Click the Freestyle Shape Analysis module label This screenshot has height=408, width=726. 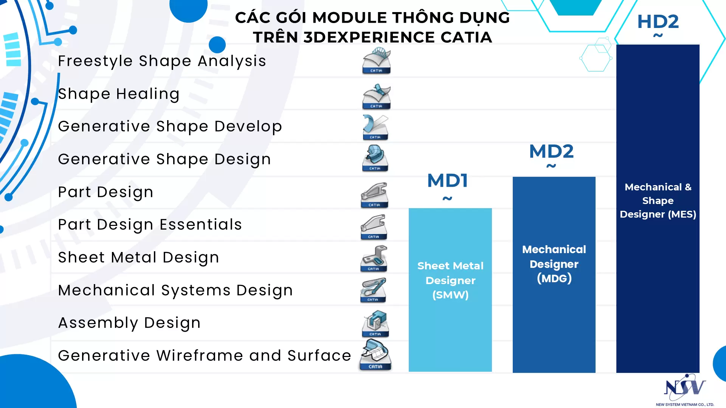click(162, 61)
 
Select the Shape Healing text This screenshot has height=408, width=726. click(119, 94)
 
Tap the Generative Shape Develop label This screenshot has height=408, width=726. click(170, 127)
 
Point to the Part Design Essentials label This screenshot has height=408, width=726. click(150, 225)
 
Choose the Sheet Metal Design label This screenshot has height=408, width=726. click(139, 258)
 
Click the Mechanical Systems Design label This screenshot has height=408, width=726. click(175, 291)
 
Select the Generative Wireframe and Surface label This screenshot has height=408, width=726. click(205, 355)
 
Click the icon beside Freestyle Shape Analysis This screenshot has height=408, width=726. click(376, 61)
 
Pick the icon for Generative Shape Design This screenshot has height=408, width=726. click(375, 158)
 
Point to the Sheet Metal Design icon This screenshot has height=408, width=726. click(374, 259)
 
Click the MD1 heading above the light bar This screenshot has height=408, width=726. click(448, 181)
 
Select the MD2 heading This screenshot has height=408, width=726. click(551, 151)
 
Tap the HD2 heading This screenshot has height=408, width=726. click(658, 22)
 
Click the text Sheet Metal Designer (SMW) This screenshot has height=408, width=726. click(450, 280)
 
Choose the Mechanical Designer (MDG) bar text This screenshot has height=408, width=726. click(554, 264)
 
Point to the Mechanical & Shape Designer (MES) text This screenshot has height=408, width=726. click(658, 201)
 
